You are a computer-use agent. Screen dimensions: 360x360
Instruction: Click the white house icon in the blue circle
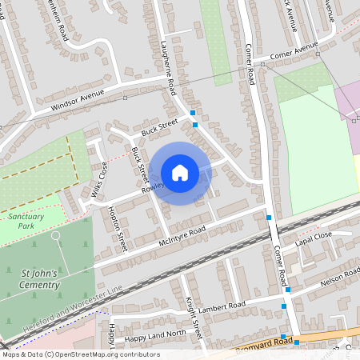click(180, 174)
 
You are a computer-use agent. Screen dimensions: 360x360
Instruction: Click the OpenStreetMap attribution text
click(80, 354)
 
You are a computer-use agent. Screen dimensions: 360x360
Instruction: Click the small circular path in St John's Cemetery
click(56, 235)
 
